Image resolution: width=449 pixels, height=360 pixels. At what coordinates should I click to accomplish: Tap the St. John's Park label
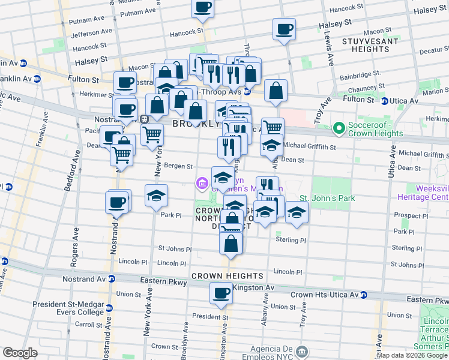327,198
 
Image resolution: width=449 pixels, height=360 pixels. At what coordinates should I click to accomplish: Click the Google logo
20,353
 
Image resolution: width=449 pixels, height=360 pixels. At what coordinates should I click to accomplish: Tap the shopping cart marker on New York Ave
152,135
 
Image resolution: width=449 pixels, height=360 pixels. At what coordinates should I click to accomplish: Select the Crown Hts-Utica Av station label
324,295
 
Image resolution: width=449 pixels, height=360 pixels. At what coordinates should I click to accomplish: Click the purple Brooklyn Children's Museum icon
202,182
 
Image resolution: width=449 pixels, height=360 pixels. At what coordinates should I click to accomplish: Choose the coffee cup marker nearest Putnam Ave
202,8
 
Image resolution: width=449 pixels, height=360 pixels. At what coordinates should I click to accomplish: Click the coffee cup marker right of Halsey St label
284,29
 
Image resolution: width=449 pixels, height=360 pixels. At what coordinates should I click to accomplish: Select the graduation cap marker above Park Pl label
156,196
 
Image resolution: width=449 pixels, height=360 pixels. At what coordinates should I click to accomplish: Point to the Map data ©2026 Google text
412,355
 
